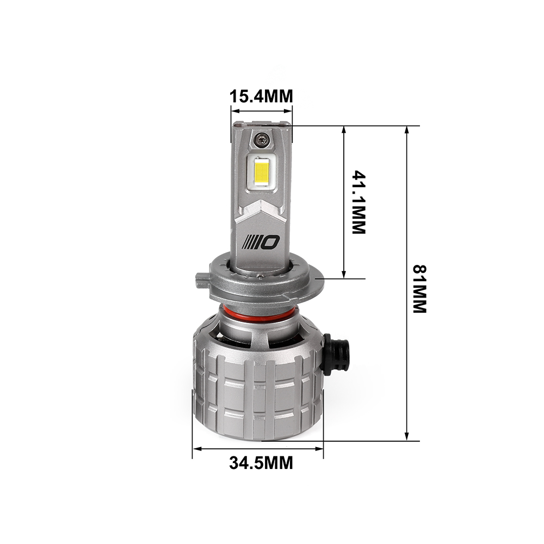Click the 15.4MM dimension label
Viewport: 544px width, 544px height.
point(262,96)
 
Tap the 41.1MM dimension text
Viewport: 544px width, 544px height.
point(358,202)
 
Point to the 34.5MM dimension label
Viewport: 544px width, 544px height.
point(261,462)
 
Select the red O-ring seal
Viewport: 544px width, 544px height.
point(259,314)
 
